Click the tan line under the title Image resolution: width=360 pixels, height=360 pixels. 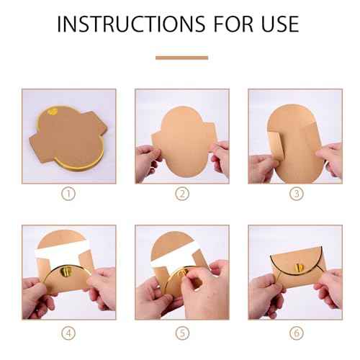click(181, 58)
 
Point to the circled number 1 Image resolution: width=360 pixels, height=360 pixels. click(68, 193)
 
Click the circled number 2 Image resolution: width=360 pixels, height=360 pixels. click(181, 193)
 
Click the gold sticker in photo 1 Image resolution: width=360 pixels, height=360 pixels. click(53, 112)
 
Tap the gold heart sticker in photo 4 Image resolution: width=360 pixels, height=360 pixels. click(67, 269)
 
